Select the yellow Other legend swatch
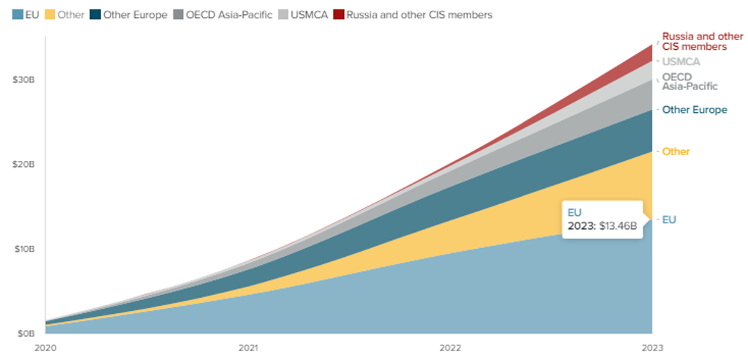tap(51, 15)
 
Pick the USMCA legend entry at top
tap(307, 15)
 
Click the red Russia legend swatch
tap(338, 15)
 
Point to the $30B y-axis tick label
tap(23, 79)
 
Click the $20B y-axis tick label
tap(23, 164)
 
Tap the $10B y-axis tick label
tap(23, 249)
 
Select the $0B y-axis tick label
tap(26, 334)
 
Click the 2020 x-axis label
tap(45, 348)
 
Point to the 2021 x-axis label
tap(248, 348)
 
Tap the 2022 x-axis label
tap(450, 348)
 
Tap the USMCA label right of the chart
tap(681, 62)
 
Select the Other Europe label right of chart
tap(695, 110)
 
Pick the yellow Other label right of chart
tap(676, 151)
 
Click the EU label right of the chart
tap(669, 220)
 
